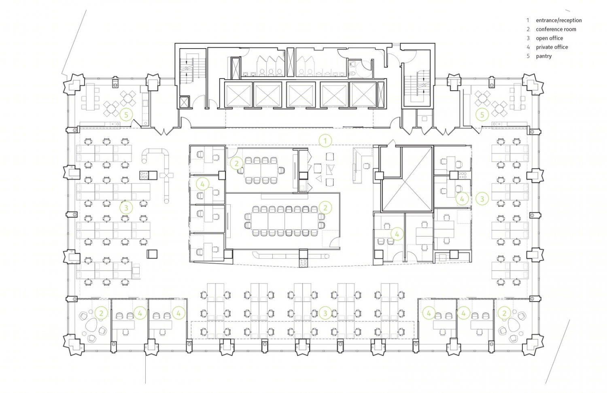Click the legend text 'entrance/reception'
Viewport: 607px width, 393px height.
click(559, 20)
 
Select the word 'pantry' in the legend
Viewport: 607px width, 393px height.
click(543, 56)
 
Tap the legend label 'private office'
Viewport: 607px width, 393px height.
click(552, 47)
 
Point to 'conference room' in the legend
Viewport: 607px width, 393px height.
click(556, 29)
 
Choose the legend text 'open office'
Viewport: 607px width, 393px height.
click(549, 38)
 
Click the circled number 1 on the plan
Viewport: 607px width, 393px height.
click(325, 141)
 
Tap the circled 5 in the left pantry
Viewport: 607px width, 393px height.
click(126, 115)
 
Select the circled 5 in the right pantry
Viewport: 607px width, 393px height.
click(482, 115)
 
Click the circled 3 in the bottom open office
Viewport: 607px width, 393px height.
click(325, 313)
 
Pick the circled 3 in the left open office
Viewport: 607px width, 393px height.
click(126, 208)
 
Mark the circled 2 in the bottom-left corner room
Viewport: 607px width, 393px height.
click(101, 313)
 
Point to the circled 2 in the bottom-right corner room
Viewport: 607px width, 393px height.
click(504, 313)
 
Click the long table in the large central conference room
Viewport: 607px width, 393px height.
click(284, 221)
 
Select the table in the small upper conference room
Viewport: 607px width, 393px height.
click(261, 170)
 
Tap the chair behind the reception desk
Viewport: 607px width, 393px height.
click(366, 166)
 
